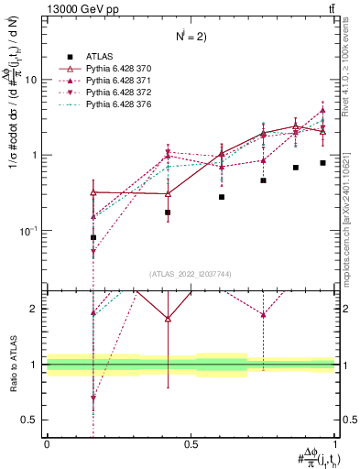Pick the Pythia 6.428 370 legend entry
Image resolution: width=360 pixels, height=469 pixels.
pos(118,69)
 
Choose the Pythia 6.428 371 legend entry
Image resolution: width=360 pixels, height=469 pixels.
pos(118,82)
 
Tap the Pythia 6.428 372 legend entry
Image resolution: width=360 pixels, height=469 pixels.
pos(118,94)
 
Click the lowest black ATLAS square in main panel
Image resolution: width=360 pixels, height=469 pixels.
pos(93,237)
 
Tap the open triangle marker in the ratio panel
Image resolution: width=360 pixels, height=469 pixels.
pos(168,319)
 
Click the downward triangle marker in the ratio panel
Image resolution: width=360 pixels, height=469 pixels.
pos(93,398)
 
